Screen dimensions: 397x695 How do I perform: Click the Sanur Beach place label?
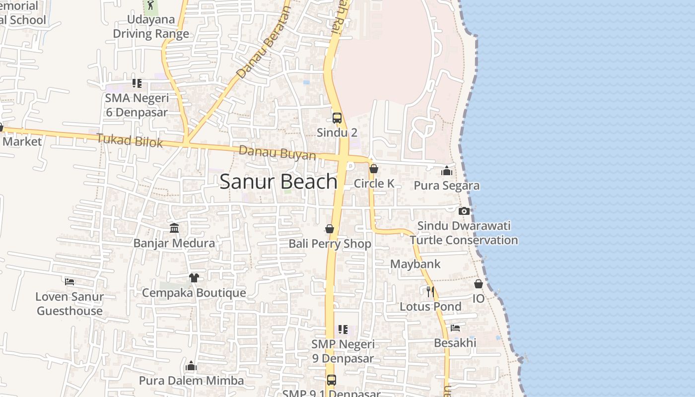tap(278, 182)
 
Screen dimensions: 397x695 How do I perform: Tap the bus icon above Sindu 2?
tap(337, 118)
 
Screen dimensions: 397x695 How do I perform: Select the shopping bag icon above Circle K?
tap(374, 169)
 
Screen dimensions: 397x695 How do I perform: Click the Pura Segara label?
tap(447, 186)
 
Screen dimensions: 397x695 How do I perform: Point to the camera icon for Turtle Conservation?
tap(464, 211)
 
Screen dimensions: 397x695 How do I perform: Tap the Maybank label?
tap(415, 264)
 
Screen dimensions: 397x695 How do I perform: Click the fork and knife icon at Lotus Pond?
tap(430, 291)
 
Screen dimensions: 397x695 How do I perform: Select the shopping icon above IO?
tap(479, 284)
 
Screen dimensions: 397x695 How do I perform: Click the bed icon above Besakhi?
tap(455, 328)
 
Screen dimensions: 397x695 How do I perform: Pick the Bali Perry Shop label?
tap(330, 244)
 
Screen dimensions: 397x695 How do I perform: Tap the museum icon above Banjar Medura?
tap(174, 228)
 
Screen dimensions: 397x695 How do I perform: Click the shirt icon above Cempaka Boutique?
tap(194, 277)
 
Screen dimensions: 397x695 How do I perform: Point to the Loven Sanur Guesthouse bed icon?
tap(69, 281)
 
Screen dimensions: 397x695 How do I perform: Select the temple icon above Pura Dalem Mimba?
tap(191, 366)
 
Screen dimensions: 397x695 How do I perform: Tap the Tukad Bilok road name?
tap(130, 140)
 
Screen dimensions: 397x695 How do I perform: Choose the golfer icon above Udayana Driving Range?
tap(150, 5)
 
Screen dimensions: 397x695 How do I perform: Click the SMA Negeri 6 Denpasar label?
tap(137, 105)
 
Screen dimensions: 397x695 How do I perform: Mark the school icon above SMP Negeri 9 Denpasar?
tap(343, 329)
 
